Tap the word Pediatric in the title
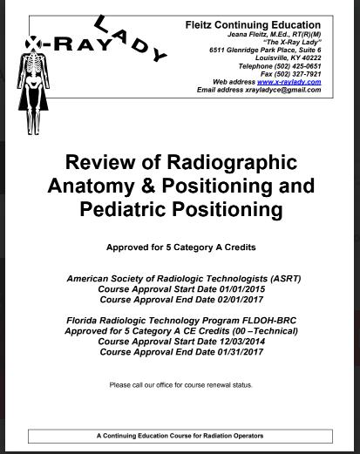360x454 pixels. click(x=146, y=208)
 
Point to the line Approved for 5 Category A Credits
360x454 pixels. click(x=180, y=247)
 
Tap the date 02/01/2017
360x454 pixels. click(x=229, y=299)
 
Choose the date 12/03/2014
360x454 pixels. click(x=232, y=342)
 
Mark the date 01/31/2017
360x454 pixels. click(x=229, y=352)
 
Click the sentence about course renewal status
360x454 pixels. click(x=180, y=384)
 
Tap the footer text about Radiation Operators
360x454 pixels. click(x=180, y=435)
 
